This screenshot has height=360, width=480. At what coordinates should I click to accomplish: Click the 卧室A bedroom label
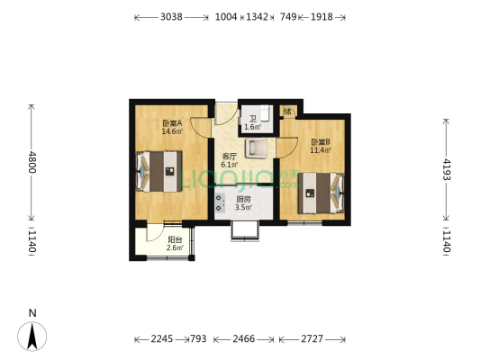[171, 123]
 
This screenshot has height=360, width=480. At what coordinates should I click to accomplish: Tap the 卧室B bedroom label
[320, 141]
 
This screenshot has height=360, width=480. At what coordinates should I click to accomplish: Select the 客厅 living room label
[230, 156]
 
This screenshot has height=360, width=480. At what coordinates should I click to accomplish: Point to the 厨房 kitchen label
[243, 200]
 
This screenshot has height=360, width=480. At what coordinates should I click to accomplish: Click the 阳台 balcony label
[174, 239]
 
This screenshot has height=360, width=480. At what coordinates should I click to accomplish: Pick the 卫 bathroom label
[252, 119]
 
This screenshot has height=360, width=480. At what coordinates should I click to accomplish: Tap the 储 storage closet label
[287, 111]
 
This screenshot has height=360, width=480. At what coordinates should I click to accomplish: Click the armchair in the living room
[257, 148]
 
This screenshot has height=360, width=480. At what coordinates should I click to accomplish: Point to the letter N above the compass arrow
[32, 313]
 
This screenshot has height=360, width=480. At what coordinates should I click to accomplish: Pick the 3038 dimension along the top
[171, 17]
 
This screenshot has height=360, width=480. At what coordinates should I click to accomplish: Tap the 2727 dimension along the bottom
[311, 339]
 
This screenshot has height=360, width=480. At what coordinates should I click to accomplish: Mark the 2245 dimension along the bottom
[161, 339]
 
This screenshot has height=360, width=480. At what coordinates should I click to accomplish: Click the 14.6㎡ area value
[171, 131]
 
